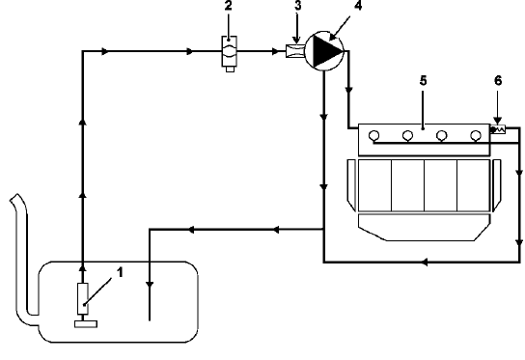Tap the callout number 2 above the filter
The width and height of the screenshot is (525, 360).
(230, 7)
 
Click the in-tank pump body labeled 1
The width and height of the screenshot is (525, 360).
(83, 298)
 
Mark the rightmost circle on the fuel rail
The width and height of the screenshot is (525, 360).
(475, 135)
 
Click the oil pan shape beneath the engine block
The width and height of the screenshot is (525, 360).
(424, 228)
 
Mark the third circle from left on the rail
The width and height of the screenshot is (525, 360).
(442, 135)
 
